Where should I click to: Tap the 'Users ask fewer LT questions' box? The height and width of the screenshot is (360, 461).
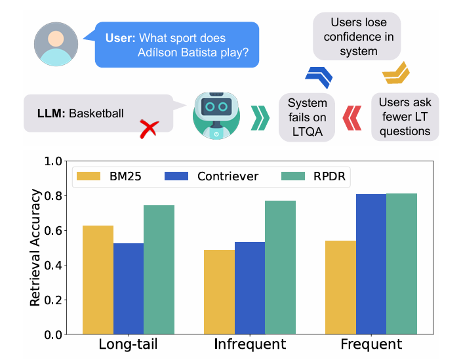(x=405, y=117)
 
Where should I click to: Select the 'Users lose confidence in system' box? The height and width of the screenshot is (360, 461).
(x=353, y=37)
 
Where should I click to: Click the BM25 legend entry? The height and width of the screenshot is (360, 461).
(x=106, y=176)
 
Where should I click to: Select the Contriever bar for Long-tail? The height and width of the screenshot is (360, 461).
(x=129, y=289)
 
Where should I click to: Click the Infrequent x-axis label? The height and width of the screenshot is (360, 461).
(x=250, y=345)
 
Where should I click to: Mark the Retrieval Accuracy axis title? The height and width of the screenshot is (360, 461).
(x=36, y=248)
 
